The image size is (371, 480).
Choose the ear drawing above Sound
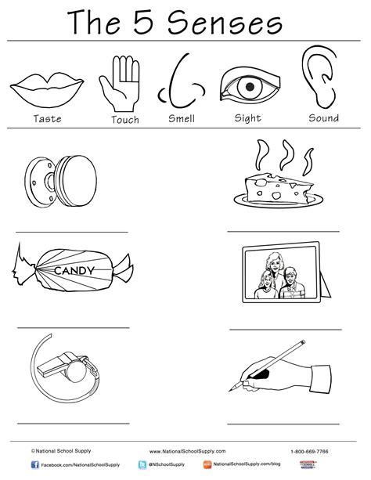(x=322, y=79)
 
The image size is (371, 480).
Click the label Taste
(x=46, y=119)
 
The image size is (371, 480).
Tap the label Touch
(x=124, y=120)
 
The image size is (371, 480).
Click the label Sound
(x=323, y=118)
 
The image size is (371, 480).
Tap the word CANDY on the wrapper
(x=74, y=271)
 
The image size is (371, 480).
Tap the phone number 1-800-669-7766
(x=309, y=452)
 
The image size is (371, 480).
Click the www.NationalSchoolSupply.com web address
(x=187, y=452)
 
